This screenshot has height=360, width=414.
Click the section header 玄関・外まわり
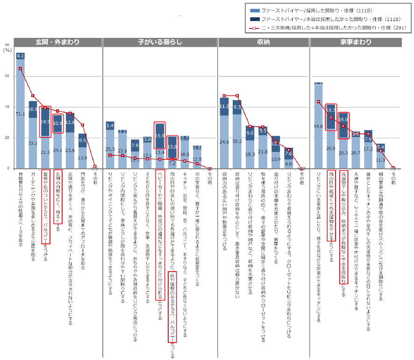coord(57,42)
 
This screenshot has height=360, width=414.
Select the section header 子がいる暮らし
coord(160,42)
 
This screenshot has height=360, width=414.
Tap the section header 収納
coord(263,42)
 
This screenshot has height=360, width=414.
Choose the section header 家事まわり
coord(356,42)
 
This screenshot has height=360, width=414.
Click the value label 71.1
coord(20,114)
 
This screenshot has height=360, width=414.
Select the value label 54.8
coord(319,126)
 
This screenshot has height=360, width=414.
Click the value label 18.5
coord(45,122)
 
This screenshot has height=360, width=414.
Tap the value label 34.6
coord(225,142)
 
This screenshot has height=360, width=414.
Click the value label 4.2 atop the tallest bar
coord(20,56)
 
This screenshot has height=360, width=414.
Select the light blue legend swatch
coord(254,10)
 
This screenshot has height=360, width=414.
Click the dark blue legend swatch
coord(254,19)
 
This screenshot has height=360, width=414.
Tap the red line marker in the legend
coord(254,28)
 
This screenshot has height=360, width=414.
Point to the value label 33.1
coord(33,143)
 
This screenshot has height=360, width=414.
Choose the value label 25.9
coord(331,148)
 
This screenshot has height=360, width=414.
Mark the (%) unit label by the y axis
coord(7,50)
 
